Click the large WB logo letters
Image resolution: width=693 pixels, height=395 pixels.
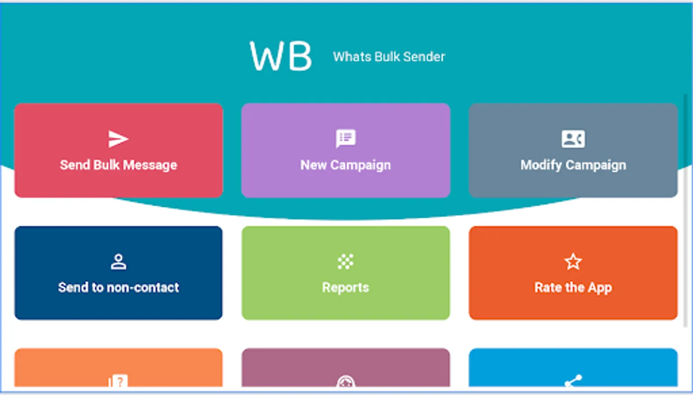281,56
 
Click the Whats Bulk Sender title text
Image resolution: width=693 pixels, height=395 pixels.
389,57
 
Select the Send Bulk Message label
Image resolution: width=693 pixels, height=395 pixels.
119,165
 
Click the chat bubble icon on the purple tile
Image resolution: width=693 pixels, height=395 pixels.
346,138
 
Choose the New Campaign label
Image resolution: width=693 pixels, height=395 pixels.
346,165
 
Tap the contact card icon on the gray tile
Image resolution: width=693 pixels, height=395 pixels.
573,139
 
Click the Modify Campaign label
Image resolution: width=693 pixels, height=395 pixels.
573,165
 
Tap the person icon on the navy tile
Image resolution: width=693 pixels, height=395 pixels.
119,262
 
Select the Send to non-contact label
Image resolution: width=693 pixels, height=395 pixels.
119,287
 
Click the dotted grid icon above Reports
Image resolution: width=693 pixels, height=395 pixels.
346,262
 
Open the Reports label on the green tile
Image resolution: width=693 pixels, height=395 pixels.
346,287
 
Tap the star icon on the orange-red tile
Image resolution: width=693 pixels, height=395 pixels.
573,262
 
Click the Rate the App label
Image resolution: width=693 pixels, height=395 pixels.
573,288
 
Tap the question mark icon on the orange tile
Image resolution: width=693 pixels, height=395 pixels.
118,381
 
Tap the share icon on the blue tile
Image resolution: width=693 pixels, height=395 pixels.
573,381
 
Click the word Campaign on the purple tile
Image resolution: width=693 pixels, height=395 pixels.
361,165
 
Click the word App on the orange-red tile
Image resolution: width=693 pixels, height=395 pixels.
600,288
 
